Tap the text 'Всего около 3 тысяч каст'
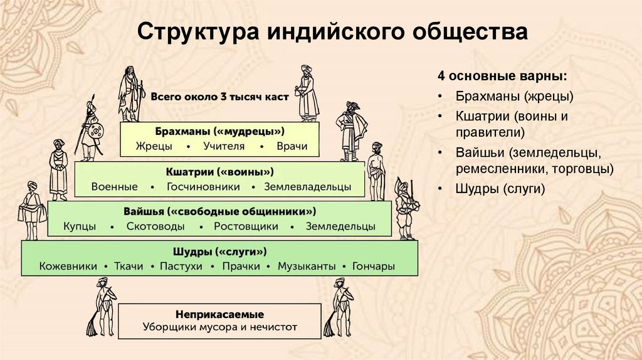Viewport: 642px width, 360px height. point(219,97)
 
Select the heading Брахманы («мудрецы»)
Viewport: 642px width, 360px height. point(220,132)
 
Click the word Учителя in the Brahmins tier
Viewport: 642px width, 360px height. point(220,146)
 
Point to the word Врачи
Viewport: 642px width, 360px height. point(292,146)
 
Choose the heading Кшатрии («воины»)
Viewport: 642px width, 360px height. point(220,171)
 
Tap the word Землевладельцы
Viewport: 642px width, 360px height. point(308,186)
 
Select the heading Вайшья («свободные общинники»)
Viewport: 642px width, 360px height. point(219,211)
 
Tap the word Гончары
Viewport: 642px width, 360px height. point(374,267)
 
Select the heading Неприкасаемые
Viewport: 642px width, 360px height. point(220,314)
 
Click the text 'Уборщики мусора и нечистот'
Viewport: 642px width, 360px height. point(220,327)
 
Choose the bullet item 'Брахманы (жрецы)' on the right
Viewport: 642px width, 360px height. point(505,97)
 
